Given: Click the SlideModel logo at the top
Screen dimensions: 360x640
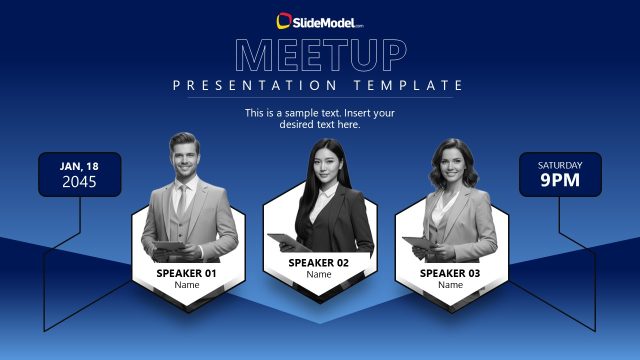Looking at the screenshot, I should point(319,20).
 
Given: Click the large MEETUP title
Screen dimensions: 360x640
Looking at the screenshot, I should point(320,54).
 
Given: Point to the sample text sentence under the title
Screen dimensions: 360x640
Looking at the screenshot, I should point(320,119).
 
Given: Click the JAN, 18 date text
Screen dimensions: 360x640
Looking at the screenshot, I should point(80,166).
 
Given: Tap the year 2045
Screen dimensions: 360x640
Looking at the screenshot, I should point(80,182).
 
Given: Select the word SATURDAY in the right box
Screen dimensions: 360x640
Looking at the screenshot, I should point(560,165).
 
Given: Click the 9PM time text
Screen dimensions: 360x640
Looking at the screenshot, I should point(560,182).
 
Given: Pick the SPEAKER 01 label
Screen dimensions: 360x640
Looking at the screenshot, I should point(187,273).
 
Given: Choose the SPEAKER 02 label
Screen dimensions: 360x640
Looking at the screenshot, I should point(319,263).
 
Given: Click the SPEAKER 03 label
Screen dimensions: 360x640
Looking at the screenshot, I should point(450,273).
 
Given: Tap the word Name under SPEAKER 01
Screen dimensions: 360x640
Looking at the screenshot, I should point(187,285).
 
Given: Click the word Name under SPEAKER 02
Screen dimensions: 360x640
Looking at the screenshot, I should point(319,275).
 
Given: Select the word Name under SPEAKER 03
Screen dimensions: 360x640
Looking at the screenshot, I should point(450,285).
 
